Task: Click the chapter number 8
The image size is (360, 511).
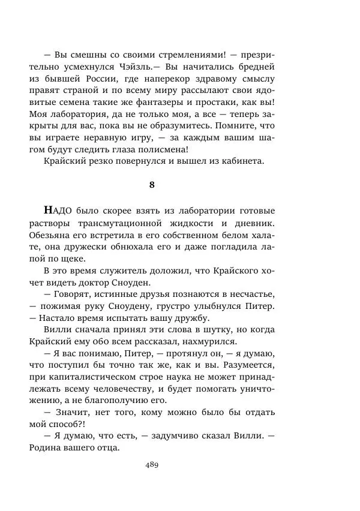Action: (x=152, y=185)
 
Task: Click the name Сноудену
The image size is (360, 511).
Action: (x=151, y=306)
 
